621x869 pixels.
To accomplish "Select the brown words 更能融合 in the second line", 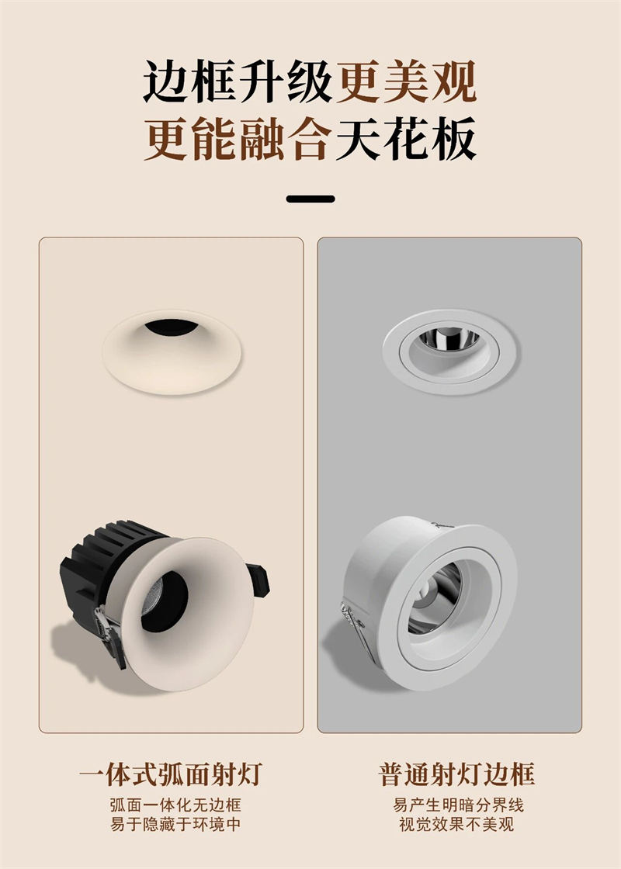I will pos(238,141).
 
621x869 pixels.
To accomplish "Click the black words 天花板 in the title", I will pos(406,141).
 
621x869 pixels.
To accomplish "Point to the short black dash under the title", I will pos(310,199).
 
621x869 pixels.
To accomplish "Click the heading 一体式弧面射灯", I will pos(171,774).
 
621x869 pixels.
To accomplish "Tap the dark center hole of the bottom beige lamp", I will pos(165,601).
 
